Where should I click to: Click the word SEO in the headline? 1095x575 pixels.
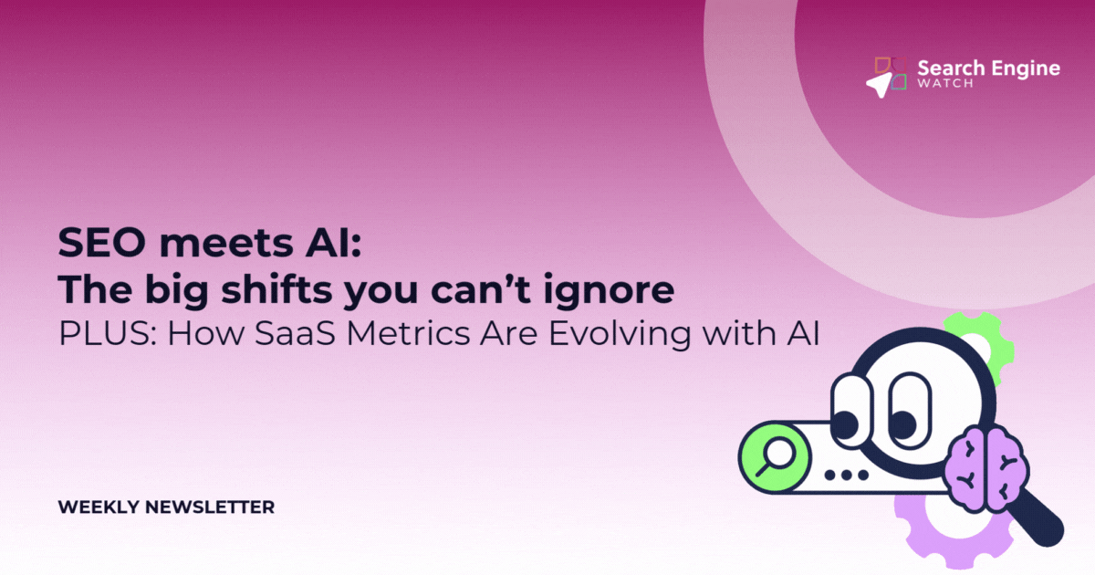pyautogui.click(x=101, y=243)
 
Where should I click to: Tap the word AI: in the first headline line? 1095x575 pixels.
pyautogui.click(x=333, y=243)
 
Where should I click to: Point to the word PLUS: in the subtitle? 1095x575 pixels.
pyautogui.click(x=108, y=333)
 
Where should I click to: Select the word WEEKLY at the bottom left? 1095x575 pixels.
pyautogui.click(x=99, y=507)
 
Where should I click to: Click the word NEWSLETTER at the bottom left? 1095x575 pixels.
pyautogui.click(x=210, y=507)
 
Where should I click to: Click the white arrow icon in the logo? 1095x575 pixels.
pyautogui.click(x=879, y=85)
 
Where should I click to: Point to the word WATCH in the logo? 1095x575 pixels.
pyautogui.click(x=945, y=84)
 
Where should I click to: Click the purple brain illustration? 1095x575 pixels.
pyautogui.click(x=986, y=470)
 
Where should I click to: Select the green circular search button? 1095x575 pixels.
pyautogui.click(x=775, y=456)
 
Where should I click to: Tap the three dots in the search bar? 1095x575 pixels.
pyautogui.click(x=846, y=475)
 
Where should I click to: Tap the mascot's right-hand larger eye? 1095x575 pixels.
pyautogui.click(x=909, y=411)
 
